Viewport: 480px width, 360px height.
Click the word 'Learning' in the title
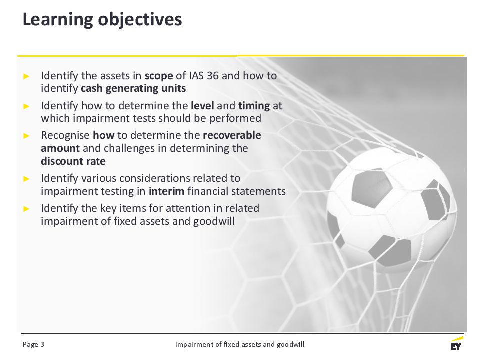[58, 20]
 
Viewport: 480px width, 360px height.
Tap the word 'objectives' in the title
[140, 20]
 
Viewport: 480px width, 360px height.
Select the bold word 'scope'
[159, 76]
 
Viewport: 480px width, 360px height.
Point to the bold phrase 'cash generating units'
[133, 89]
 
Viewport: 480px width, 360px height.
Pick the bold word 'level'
[202, 105]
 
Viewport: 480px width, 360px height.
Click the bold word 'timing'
[254, 106]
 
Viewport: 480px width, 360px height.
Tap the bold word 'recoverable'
[232, 135]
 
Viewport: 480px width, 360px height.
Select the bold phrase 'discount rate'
[73, 161]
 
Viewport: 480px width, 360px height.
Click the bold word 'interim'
[166, 191]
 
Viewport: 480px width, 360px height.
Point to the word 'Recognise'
[65, 135]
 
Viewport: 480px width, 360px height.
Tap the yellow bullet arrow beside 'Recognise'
[26, 136]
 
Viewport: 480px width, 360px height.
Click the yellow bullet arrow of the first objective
[26, 76]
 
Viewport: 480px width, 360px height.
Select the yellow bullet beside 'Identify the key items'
[26, 209]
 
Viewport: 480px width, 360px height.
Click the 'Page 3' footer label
[33, 344]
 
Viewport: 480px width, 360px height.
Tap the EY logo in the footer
[456, 343]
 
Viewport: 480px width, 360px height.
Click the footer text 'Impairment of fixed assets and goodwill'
[240, 344]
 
